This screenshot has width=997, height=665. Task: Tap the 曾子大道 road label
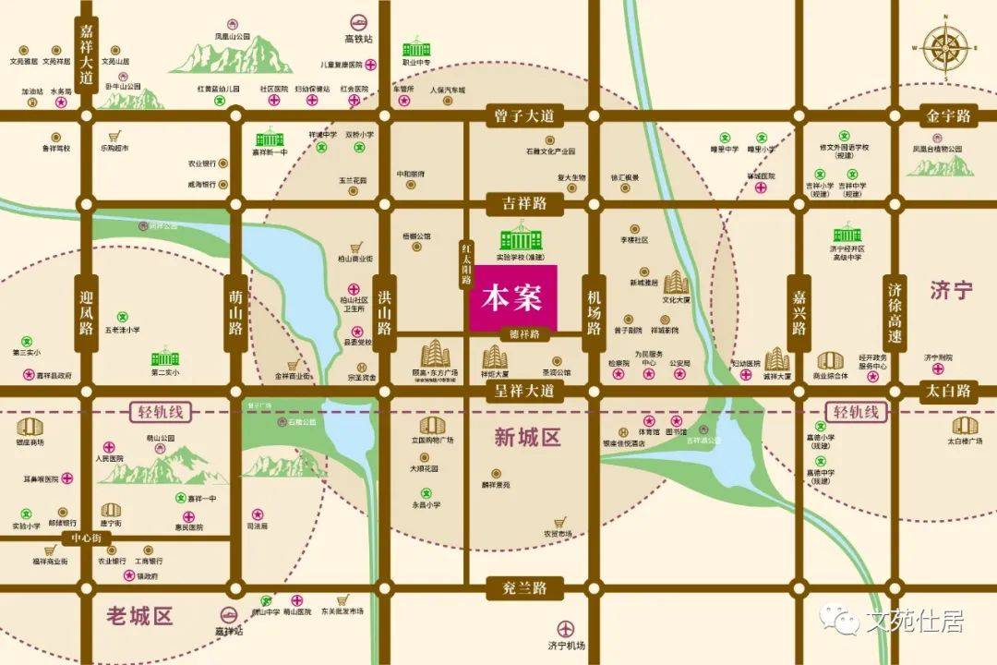pos(522,116)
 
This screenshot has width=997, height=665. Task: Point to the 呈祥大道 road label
pos(522,391)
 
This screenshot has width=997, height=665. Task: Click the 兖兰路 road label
pos(522,587)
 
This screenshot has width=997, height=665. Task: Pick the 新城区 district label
pos(527,437)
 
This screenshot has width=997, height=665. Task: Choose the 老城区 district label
pos(140,615)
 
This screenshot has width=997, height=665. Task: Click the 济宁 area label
pos(951,291)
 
